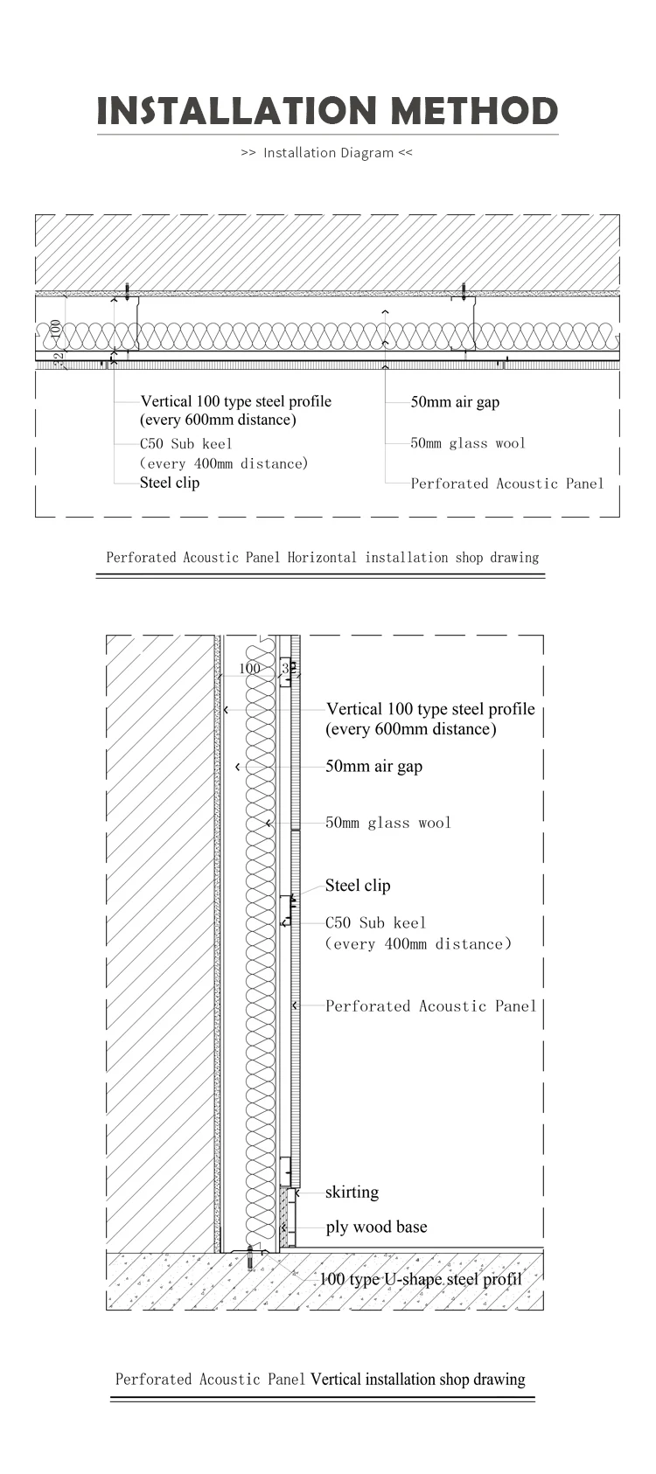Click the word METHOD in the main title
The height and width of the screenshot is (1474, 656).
(x=473, y=111)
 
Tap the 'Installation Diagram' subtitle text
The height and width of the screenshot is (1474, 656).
(x=328, y=153)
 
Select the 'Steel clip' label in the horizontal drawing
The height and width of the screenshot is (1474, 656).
(x=170, y=483)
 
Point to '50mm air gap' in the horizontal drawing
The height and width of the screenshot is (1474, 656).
(x=455, y=402)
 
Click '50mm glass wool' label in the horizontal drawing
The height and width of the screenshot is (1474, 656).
(x=468, y=443)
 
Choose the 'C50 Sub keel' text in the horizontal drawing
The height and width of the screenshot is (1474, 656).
(x=186, y=444)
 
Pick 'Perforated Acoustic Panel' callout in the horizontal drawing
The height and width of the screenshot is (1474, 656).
(x=507, y=483)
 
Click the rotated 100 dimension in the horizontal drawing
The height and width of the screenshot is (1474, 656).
(x=56, y=329)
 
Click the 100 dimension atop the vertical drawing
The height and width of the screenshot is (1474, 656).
(x=249, y=669)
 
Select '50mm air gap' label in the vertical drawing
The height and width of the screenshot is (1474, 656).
(x=373, y=767)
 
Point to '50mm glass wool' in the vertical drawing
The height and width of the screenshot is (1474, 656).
(x=388, y=823)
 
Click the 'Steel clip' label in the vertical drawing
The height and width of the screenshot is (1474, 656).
(x=358, y=886)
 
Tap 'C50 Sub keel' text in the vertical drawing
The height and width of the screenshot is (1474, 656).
(x=376, y=922)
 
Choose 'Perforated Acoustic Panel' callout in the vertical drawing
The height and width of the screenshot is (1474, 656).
(x=431, y=1006)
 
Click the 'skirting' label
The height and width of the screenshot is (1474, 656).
(x=352, y=1192)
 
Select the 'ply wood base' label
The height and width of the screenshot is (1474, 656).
(x=376, y=1227)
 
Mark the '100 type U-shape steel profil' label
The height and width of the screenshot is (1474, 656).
(x=421, y=1280)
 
